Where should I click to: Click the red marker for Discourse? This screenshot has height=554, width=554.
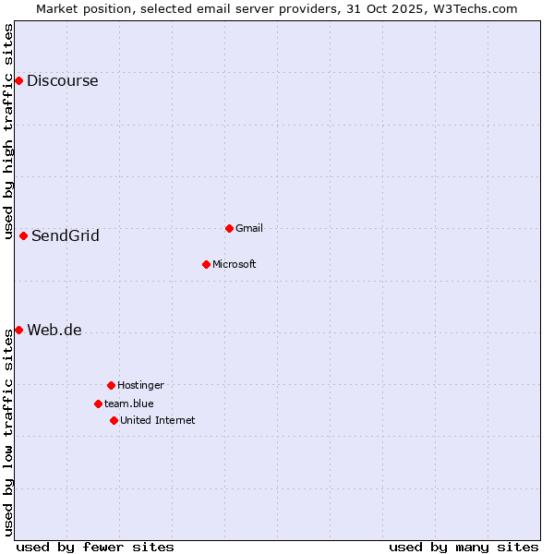click(x=18, y=80)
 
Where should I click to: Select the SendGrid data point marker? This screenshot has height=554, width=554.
click(x=23, y=235)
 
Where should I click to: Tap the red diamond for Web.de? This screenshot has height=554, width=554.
click(x=18, y=330)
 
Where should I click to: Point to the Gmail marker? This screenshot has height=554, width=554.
click(x=229, y=228)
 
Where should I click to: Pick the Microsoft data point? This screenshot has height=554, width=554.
click(x=206, y=264)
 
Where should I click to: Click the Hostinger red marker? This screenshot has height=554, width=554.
click(x=111, y=385)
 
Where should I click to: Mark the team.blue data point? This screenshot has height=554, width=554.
click(x=98, y=403)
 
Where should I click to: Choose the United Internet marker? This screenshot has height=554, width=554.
click(x=114, y=420)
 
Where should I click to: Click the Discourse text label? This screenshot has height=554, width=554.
click(x=62, y=80)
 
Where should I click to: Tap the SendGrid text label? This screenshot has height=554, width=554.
click(x=65, y=235)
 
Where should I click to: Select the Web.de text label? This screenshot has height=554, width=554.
click(x=54, y=331)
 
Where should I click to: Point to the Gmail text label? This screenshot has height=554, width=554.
click(x=249, y=228)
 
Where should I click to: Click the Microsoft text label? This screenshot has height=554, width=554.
click(x=234, y=264)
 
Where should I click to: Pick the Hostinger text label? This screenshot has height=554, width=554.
click(x=140, y=385)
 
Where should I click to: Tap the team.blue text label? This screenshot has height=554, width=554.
click(x=128, y=403)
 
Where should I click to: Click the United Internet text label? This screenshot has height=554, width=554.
click(x=157, y=420)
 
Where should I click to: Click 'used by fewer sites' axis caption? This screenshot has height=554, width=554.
click(x=95, y=547)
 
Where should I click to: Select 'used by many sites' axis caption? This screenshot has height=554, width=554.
click(x=464, y=547)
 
